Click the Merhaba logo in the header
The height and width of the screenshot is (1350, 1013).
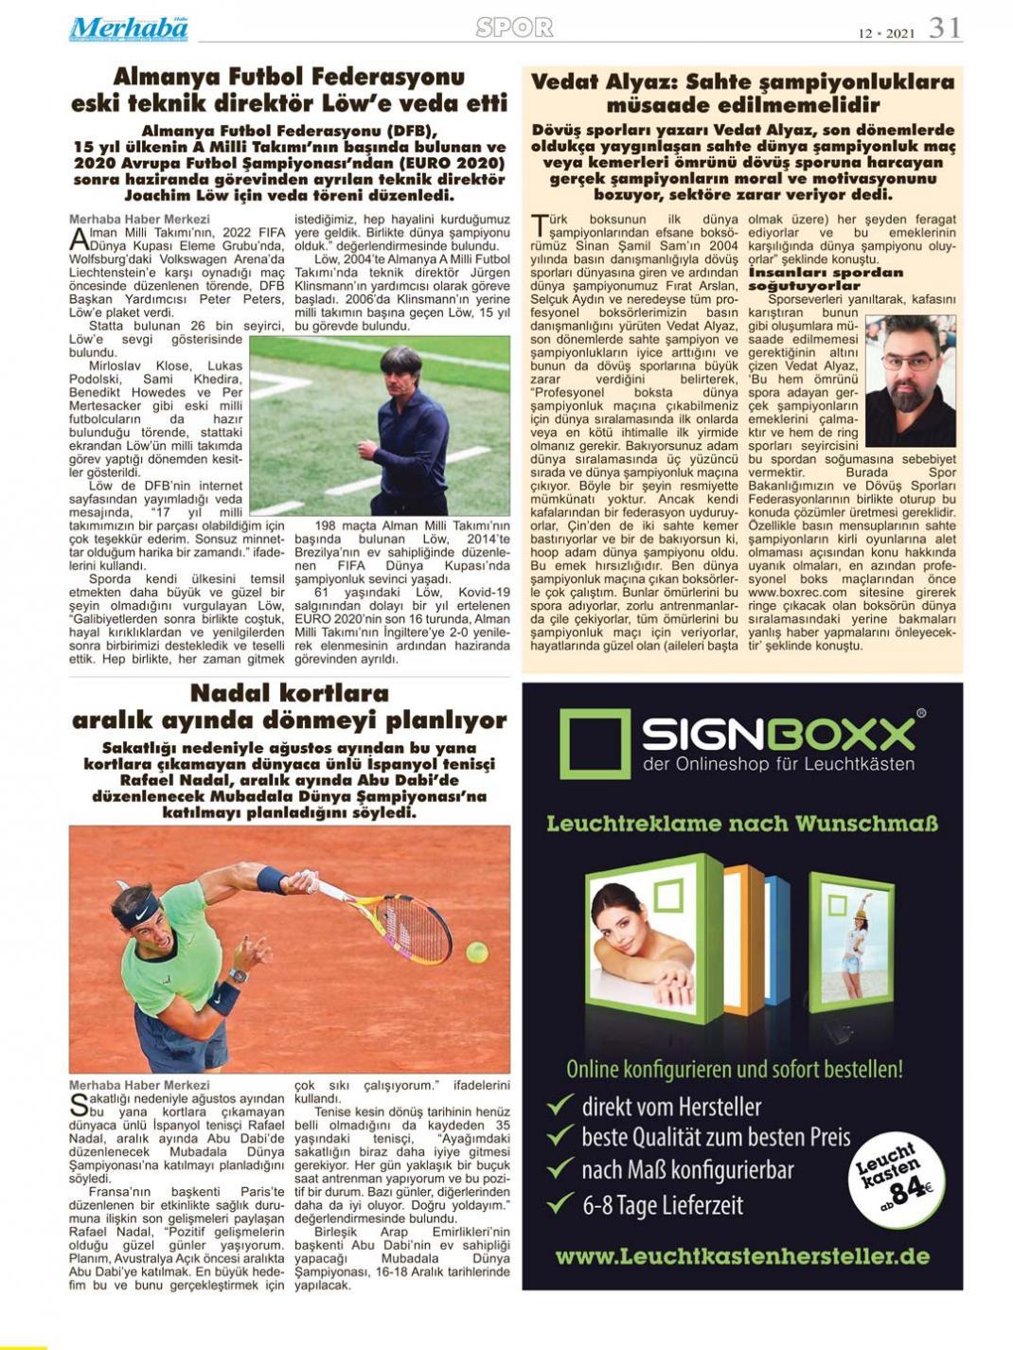[128, 28]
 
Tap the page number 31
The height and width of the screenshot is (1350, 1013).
[944, 28]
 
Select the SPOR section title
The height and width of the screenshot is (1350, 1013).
[514, 27]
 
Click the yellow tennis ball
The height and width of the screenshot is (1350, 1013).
[476, 950]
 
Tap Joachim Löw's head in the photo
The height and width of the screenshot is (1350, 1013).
[400, 368]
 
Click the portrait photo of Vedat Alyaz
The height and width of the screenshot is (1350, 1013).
[910, 381]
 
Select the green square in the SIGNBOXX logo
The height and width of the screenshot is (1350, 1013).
[594, 744]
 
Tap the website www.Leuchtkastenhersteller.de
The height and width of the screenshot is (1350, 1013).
[742, 1257]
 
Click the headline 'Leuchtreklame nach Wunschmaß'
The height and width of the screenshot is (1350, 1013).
[742, 824]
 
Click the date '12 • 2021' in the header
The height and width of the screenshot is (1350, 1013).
[886, 32]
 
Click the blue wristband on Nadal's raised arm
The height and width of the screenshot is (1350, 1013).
[270, 879]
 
